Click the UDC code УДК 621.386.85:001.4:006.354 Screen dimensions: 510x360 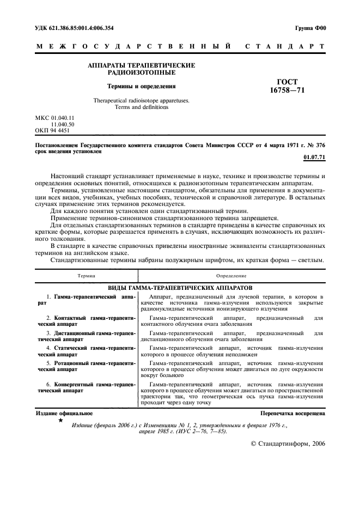(x=77, y=27)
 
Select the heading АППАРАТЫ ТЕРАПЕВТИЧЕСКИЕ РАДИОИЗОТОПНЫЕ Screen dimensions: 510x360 (x=141, y=69)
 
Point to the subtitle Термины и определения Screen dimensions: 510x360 (x=141, y=86)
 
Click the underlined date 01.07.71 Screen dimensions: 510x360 (x=314, y=157)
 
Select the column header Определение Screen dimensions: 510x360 (x=231, y=277)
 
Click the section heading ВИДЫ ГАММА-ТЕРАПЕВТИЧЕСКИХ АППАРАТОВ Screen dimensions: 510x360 (x=180, y=287)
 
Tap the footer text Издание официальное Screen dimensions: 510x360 (x=64, y=414)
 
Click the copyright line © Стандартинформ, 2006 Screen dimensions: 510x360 (x=287, y=444)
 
